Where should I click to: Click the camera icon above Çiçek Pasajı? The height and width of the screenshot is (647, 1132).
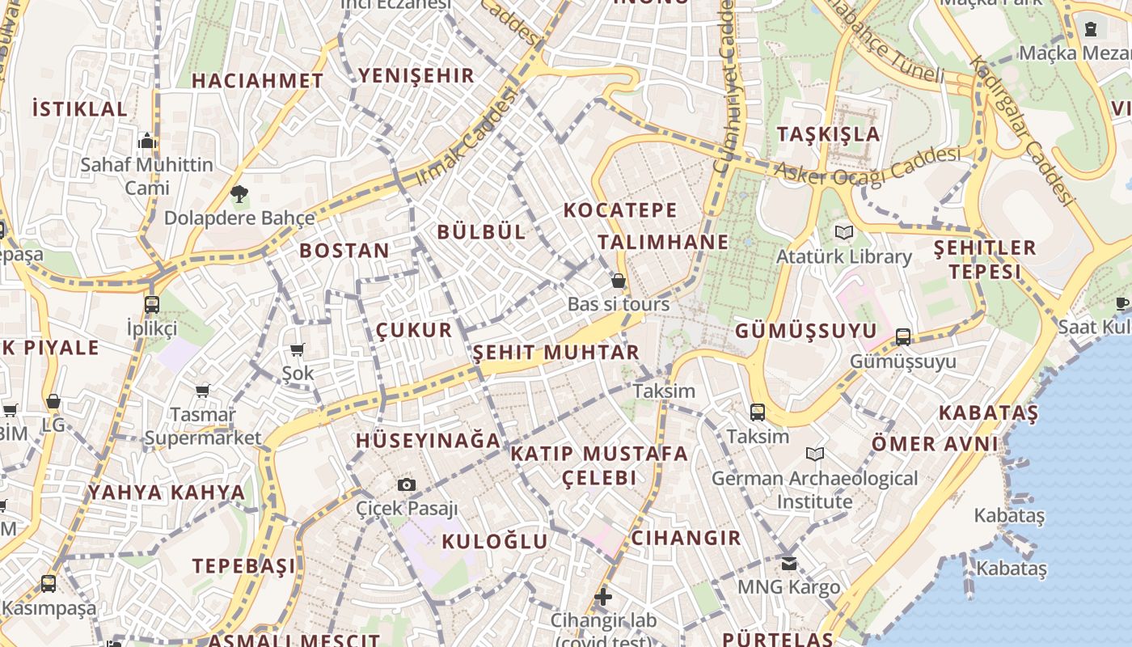[x=407, y=484]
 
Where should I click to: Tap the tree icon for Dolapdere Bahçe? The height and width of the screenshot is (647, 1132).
[x=239, y=194]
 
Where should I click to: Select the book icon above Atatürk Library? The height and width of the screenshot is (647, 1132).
[x=843, y=233]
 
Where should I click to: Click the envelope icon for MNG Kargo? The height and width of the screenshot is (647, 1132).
[x=788, y=564]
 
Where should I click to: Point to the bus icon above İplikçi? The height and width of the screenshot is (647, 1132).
[x=151, y=305]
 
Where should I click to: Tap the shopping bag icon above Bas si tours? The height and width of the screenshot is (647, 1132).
[x=619, y=281]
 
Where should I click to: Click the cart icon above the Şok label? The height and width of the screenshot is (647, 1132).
[x=297, y=349]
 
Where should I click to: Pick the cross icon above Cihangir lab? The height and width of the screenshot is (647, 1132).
[x=603, y=597]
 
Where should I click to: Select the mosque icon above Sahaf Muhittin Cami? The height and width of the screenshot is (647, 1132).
[x=146, y=142]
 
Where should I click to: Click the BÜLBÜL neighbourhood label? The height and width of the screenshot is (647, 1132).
[x=481, y=232]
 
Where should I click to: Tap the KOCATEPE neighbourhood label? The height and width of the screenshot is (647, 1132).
[x=620, y=210]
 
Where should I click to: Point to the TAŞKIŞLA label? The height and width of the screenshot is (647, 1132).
[x=829, y=134]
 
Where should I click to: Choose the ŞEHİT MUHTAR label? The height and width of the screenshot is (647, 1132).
[x=556, y=353]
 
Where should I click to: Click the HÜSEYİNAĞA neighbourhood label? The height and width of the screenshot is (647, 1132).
[x=429, y=441]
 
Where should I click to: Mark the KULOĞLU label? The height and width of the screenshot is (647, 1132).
[x=495, y=541]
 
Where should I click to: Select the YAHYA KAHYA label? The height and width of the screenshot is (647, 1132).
[x=167, y=493]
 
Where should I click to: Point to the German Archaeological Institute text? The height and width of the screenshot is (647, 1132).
[x=814, y=490]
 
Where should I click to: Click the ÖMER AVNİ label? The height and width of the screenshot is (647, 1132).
[x=935, y=444]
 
